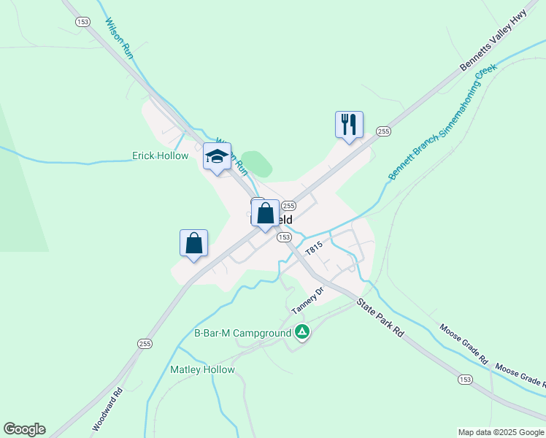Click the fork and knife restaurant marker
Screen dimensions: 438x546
[x=349, y=124]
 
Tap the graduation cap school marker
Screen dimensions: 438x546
[x=217, y=157]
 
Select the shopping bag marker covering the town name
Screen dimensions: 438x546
[x=265, y=214]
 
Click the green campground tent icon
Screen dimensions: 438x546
[x=302, y=333]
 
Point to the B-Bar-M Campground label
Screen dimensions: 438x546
[x=242, y=334]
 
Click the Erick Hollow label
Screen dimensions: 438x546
[x=160, y=155]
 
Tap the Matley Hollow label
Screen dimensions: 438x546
[x=202, y=369]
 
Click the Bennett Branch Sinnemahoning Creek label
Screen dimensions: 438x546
[x=442, y=122]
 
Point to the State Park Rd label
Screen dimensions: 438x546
[x=380, y=318]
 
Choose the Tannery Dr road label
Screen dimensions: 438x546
[x=307, y=301]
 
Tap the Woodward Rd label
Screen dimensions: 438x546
[x=105, y=413]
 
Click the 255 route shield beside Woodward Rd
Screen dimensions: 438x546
[x=145, y=343]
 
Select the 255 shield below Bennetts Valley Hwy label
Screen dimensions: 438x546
[x=383, y=131]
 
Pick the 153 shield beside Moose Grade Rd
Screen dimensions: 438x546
[x=465, y=379]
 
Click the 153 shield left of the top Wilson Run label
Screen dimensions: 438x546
[x=82, y=22]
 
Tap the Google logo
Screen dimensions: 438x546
[x=24, y=429]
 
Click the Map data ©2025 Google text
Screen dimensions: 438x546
[x=501, y=432]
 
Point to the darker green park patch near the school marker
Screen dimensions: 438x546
[x=256, y=164]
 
